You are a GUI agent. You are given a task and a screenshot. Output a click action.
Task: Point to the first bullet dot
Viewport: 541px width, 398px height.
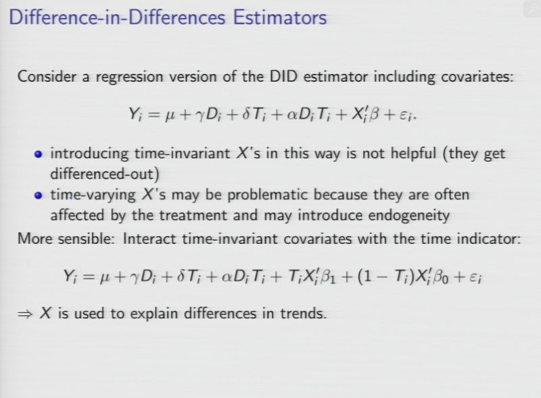(x=39, y=154)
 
